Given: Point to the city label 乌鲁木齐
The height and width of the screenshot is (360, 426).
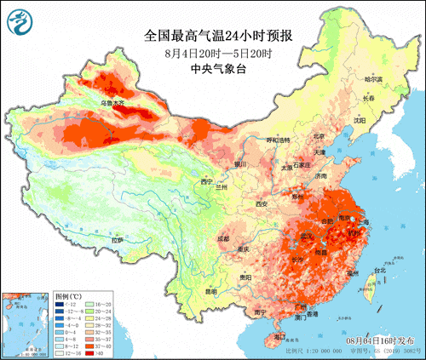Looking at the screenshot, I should (112, 104).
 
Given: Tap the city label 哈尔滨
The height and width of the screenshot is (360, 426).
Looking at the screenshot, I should (374, 79).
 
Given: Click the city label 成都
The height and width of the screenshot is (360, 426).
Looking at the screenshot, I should (223, 239).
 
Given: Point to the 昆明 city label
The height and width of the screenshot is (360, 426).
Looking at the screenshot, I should (210, 292).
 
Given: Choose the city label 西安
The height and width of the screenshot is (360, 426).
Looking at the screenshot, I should (262, 204).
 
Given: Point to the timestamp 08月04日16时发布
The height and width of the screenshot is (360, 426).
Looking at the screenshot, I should (384, 338).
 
